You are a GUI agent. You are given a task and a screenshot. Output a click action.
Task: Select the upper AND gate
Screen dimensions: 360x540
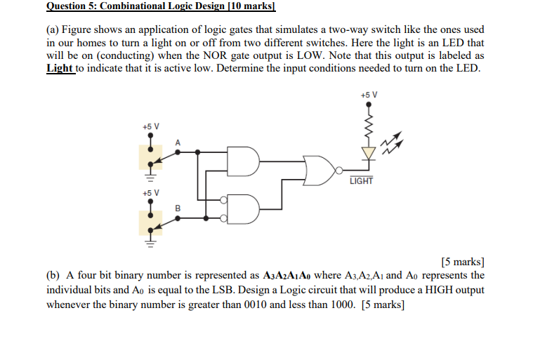pyautogui.click(x=245, y=161)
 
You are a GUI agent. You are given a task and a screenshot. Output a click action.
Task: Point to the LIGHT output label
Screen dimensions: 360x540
pyautogui.click(x=361, y=181)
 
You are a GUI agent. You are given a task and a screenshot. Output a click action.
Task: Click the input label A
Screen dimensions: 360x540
pyautogui.click(x=178, y=142)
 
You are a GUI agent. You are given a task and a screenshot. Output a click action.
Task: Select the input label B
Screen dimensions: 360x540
pyautogui.click(x=178, y=208)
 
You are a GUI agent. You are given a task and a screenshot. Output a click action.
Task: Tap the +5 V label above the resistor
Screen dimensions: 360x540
pyautogui.click(x=369, y=95)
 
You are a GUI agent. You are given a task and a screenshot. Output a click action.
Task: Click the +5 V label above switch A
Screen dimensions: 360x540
pyautogui.click(x=150, y=127)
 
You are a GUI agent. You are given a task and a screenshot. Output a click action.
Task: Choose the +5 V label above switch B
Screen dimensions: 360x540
pyautogui.click(x=150, y=192)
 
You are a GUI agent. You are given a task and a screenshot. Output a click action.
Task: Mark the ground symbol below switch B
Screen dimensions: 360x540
pyautogui.click(x=150, y=244)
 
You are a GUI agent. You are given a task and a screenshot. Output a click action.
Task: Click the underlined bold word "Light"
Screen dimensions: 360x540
pyautogui.click(x=60, y=68)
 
